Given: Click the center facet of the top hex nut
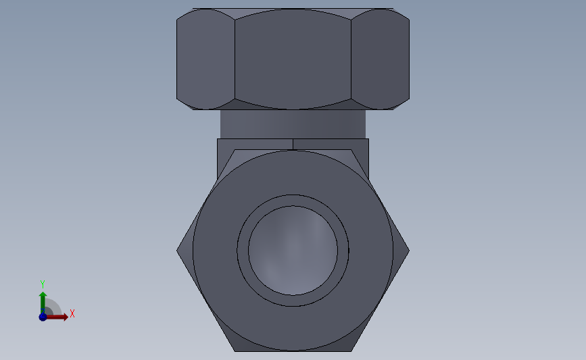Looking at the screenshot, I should tap(293, 59).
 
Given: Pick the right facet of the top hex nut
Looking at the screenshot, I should tap(381, 59).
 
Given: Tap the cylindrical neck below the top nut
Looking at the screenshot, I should tap(293, 124).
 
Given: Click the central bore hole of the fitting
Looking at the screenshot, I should tap(293, 250).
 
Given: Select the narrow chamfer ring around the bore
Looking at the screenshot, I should tap(293, 201).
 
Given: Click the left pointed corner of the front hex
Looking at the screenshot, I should tap(178, 250).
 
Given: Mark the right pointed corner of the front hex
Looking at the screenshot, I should tap(408, 250).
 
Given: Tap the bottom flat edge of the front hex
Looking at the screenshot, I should tap(293, 351).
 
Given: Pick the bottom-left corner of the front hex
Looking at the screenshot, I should tap(235, 350).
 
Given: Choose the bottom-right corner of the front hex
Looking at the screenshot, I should tap(351, 350).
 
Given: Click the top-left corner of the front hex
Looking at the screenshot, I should tap(235, 151).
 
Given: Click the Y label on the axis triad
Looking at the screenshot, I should tap(43, 284).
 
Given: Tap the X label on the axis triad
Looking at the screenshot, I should tap(72, 313).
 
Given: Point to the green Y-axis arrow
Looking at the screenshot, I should tap(43, 301).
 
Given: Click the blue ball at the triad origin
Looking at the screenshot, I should tap(43, 317).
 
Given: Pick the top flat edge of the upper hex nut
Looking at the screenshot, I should tap(293, 9).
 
